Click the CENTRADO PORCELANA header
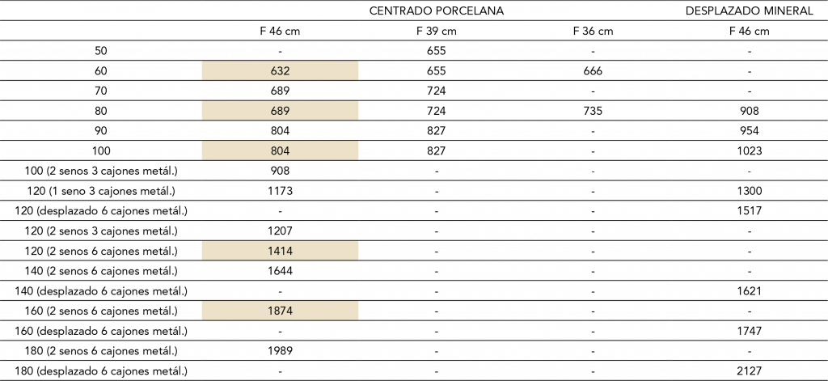436,11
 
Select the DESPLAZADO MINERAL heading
749,11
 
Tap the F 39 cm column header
436,31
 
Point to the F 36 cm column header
593,31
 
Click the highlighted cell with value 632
280,71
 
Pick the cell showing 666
593,71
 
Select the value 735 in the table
593,111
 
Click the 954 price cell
750,131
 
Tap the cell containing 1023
750,151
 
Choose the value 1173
280,191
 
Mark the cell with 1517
750,211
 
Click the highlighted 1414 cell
280,251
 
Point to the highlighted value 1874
280,311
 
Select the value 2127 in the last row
750,371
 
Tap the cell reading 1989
280,351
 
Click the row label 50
101,51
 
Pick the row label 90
101,131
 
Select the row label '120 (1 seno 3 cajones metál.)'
101,191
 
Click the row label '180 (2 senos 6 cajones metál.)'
101,351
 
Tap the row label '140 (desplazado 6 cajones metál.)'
101,291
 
